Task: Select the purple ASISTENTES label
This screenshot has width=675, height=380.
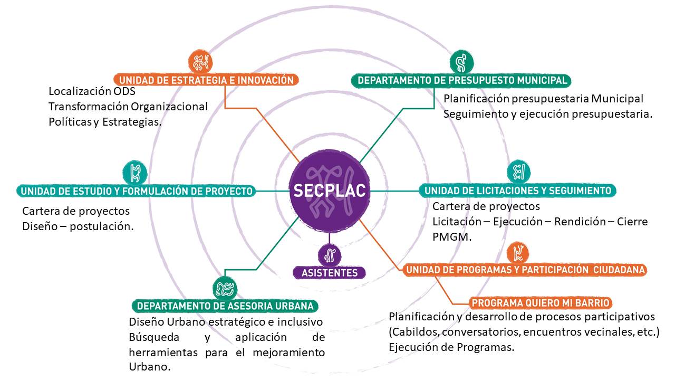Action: [329, 273]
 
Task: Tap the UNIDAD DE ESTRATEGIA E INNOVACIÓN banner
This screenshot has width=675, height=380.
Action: [206, 80]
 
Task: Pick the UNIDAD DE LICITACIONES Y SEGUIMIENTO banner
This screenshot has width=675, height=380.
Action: [517, 191]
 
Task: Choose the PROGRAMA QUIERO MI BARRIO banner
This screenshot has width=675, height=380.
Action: [541, 303]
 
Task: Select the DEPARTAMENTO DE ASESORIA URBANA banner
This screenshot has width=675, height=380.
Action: [225, 306]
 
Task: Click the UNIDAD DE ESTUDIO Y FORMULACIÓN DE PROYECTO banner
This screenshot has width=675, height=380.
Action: [137, 191]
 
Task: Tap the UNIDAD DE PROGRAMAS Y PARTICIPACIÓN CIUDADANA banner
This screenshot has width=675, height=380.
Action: [525, 270]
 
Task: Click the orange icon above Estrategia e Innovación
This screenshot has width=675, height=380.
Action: [201, 62]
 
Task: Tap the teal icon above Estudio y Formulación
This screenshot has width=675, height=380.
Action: [134, 172]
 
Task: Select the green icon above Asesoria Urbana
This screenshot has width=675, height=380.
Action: [225, 288]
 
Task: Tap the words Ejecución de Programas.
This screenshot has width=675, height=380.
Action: [451, 347]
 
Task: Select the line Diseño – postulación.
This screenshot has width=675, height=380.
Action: [78, 226]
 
